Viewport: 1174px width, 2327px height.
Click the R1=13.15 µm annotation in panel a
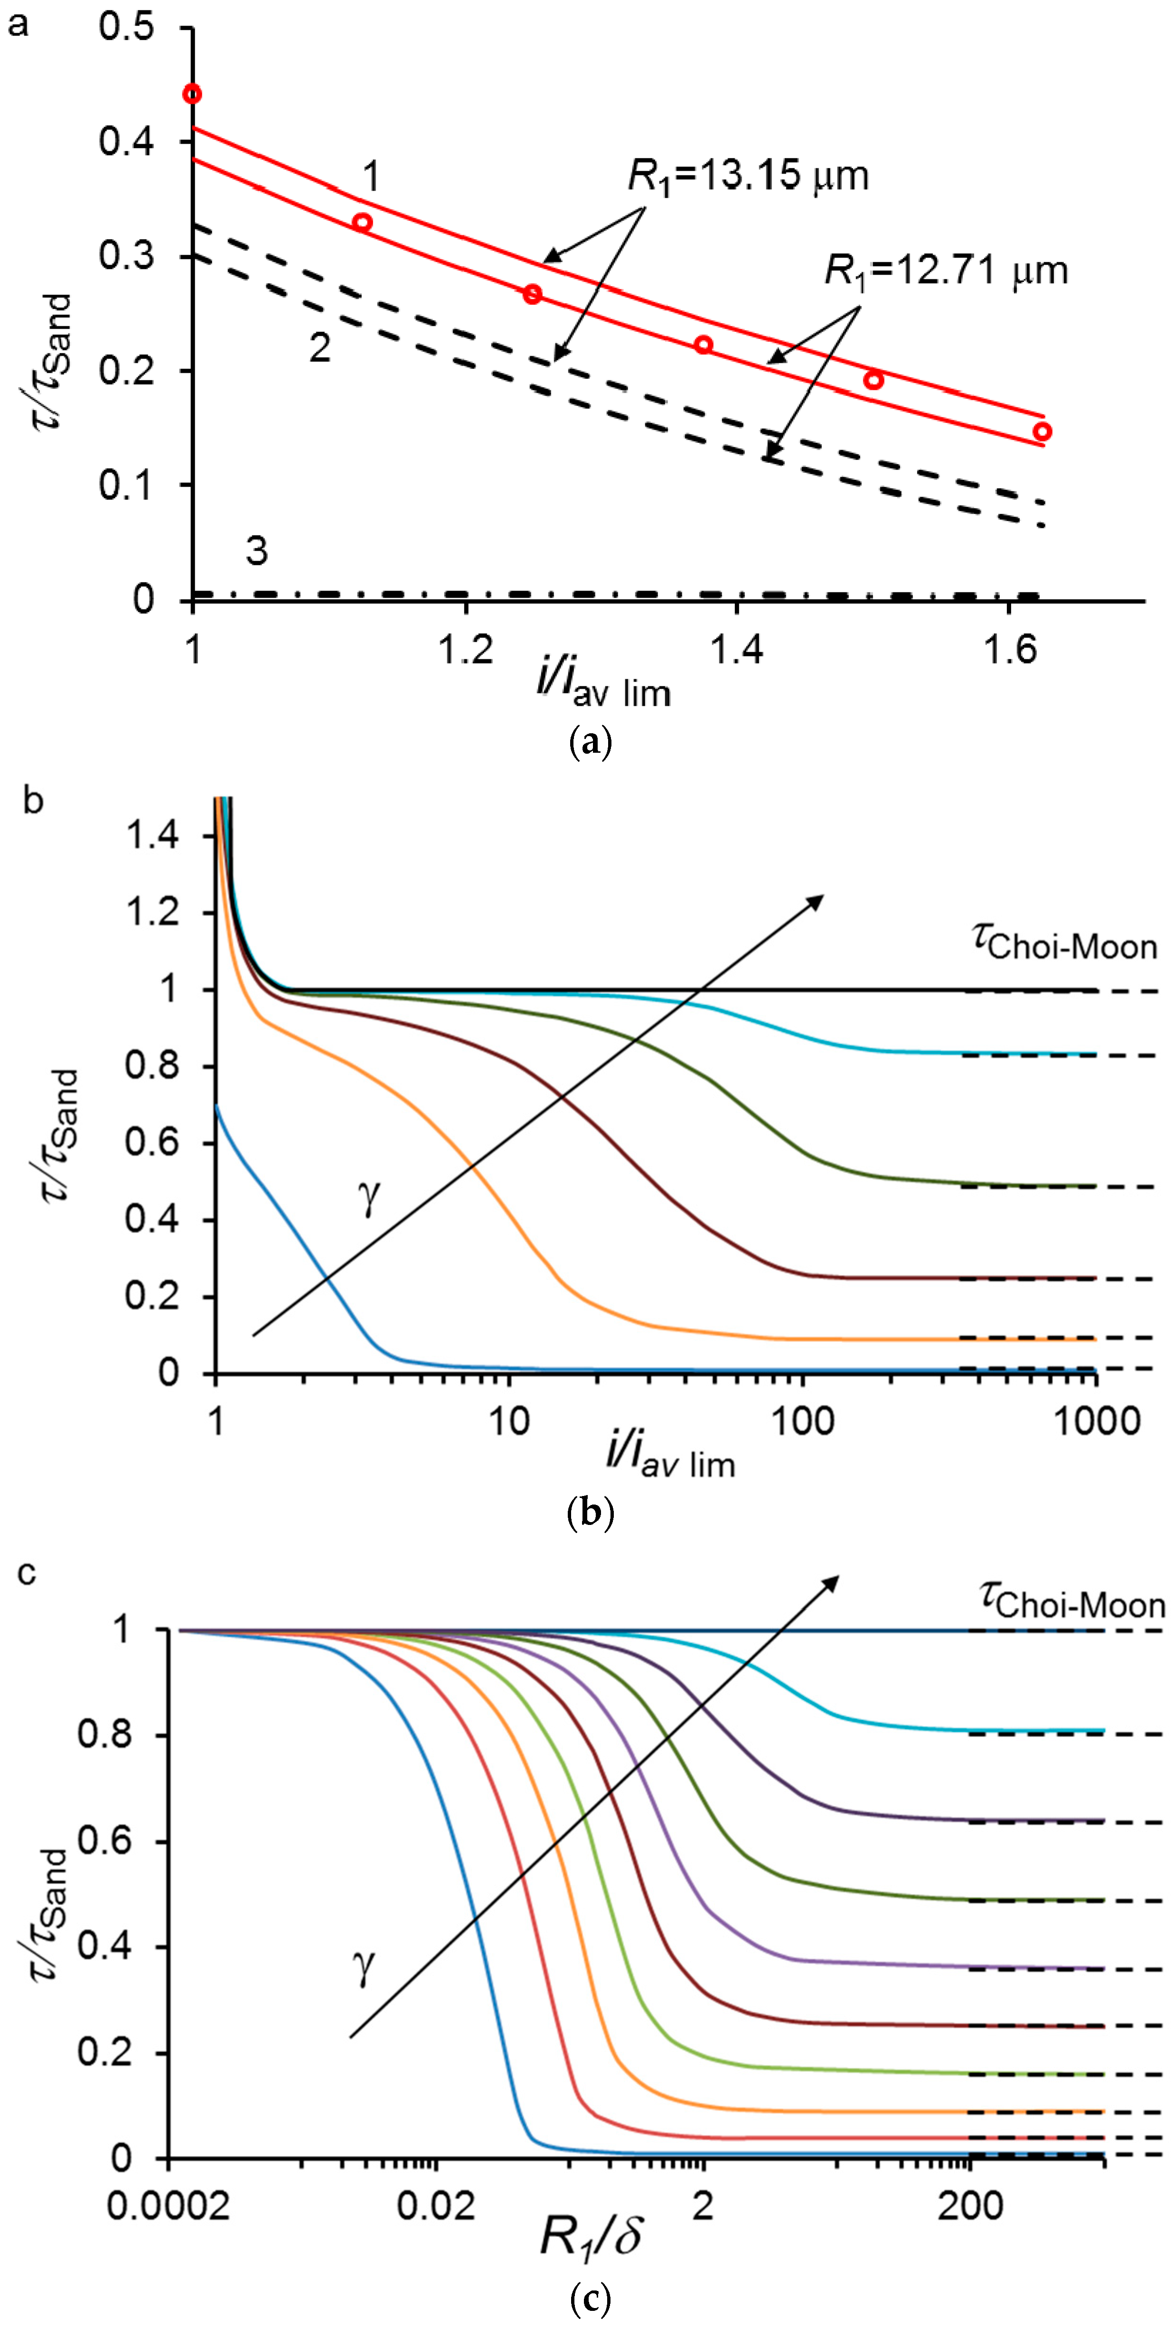click(747, 175)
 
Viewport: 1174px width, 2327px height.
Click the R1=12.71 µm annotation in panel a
click(945, 270)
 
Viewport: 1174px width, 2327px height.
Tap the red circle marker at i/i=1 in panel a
click(192, 94)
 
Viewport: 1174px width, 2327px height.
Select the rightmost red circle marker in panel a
click(1042, 432)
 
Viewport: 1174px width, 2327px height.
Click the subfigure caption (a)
click(592, 743)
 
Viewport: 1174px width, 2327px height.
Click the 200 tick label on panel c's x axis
click(970, 2206)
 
